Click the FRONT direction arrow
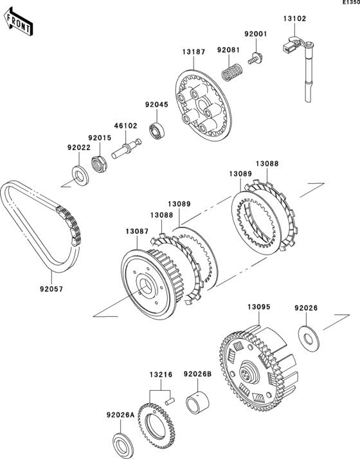coord(18,21)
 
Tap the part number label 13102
coord(294,19)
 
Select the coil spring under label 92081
coord(231,72)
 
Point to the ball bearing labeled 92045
coord(157,130)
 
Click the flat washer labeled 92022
coord(81,175)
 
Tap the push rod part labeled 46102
coord(126,148)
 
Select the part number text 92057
coord(51,289)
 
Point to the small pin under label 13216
coord(170,401)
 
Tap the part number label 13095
coord(259,307)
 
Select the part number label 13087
coord(138,231)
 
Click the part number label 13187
coord(194,52)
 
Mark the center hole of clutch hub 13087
coord(145,285)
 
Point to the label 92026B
coord(197,374)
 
